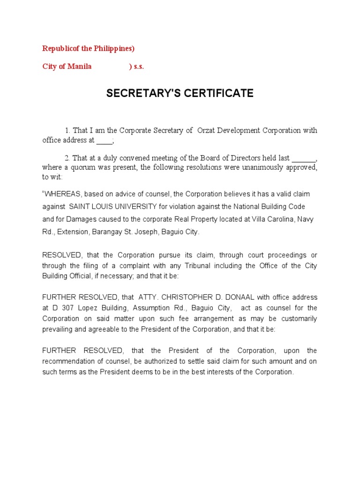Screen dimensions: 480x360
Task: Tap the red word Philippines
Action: [x=111, y=49]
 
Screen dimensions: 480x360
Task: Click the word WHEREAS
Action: [x=63, y=194]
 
